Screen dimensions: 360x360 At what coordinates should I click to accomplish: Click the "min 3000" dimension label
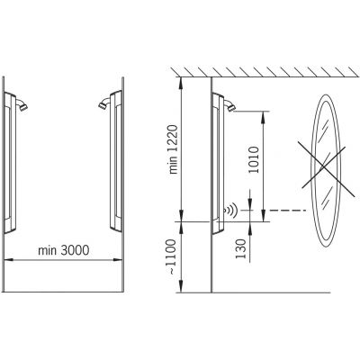tap(64, 250)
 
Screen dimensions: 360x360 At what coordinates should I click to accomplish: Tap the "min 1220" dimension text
tap(174, 149)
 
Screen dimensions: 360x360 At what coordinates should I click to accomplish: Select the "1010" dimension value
tap(254, 159)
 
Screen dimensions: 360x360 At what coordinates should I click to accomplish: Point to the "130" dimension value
tap(240, 249)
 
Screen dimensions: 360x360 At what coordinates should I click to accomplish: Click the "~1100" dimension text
tap(171, 256)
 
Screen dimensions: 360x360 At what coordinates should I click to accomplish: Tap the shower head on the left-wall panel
tap(22, 105)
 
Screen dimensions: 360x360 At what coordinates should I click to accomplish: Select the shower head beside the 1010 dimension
tap(229, 106)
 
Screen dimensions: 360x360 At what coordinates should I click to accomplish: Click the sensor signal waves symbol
tap(231, 210)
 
